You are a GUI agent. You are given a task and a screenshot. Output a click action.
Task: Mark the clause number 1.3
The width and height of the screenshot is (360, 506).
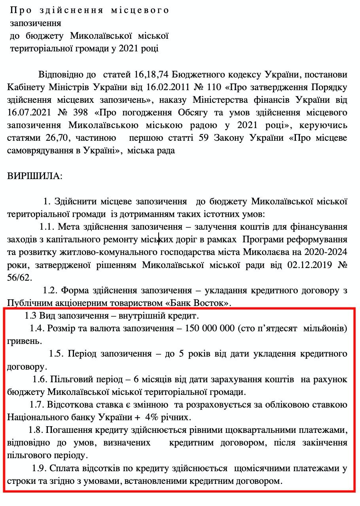(x=30, y=316)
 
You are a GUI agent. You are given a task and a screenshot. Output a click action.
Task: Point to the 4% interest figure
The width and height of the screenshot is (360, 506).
(x=152, y=417)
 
